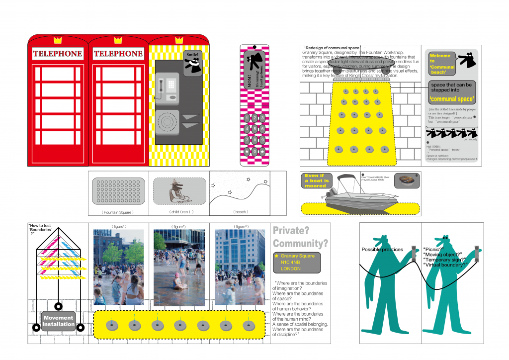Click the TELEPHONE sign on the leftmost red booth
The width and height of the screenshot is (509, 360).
58,54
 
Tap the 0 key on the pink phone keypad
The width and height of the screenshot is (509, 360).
254,151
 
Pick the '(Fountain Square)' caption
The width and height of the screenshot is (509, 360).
119,212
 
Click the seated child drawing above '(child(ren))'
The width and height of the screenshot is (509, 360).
176,191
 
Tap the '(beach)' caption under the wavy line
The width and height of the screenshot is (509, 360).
241,212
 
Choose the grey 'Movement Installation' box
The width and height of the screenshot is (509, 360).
58,321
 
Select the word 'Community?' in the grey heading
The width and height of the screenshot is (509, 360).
300,244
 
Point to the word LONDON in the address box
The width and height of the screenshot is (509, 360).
291,269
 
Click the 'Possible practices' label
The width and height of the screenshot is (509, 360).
382,250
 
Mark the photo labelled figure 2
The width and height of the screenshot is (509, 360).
178,267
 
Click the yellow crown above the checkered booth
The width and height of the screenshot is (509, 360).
178,40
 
